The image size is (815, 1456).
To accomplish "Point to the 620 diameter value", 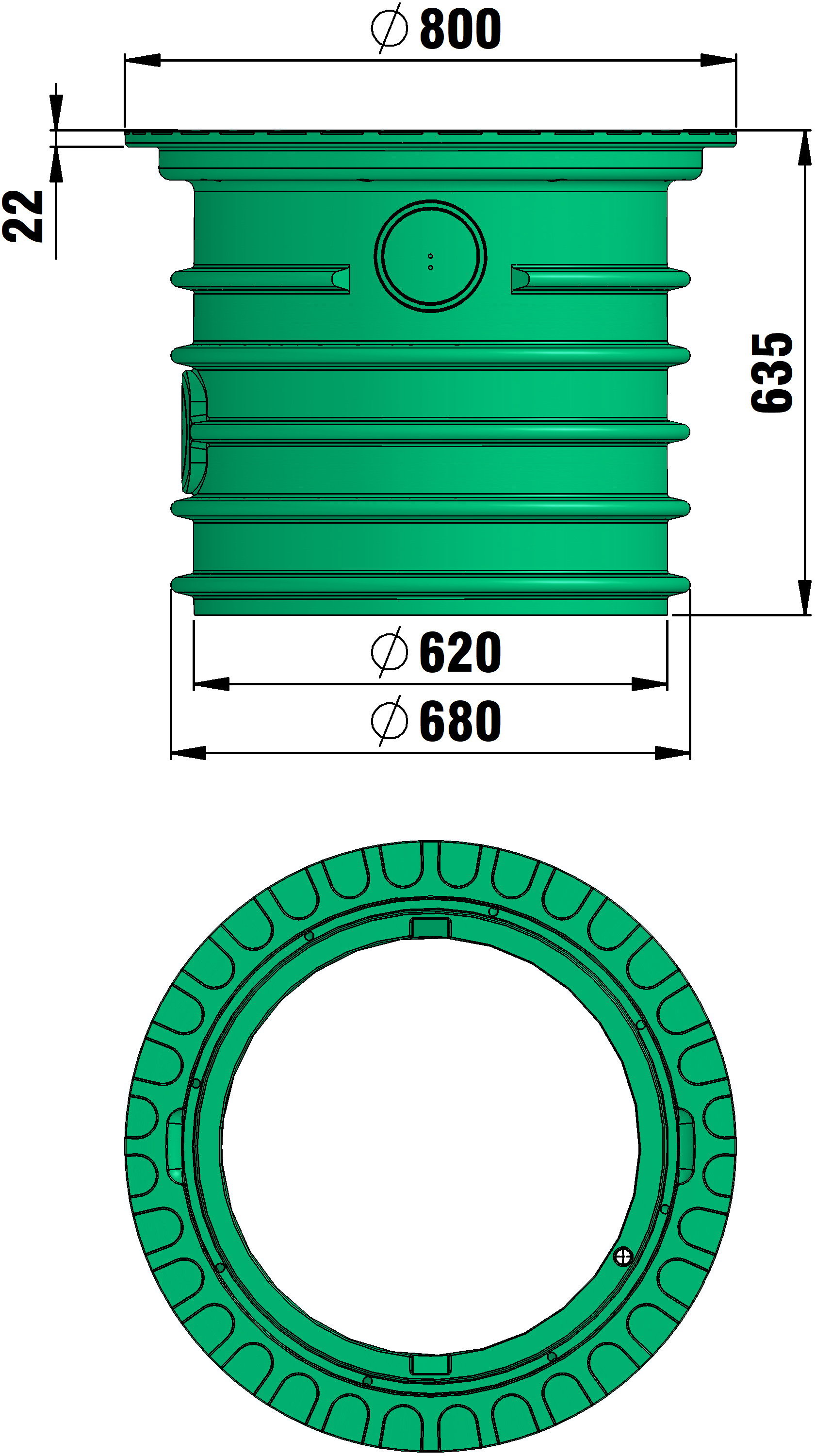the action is [x=460, y=652].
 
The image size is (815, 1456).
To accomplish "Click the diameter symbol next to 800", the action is [x=390, y=28].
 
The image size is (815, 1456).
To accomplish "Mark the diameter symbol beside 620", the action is [x=390, y=652].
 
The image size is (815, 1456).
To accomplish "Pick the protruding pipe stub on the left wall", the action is [x=194, y=431].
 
